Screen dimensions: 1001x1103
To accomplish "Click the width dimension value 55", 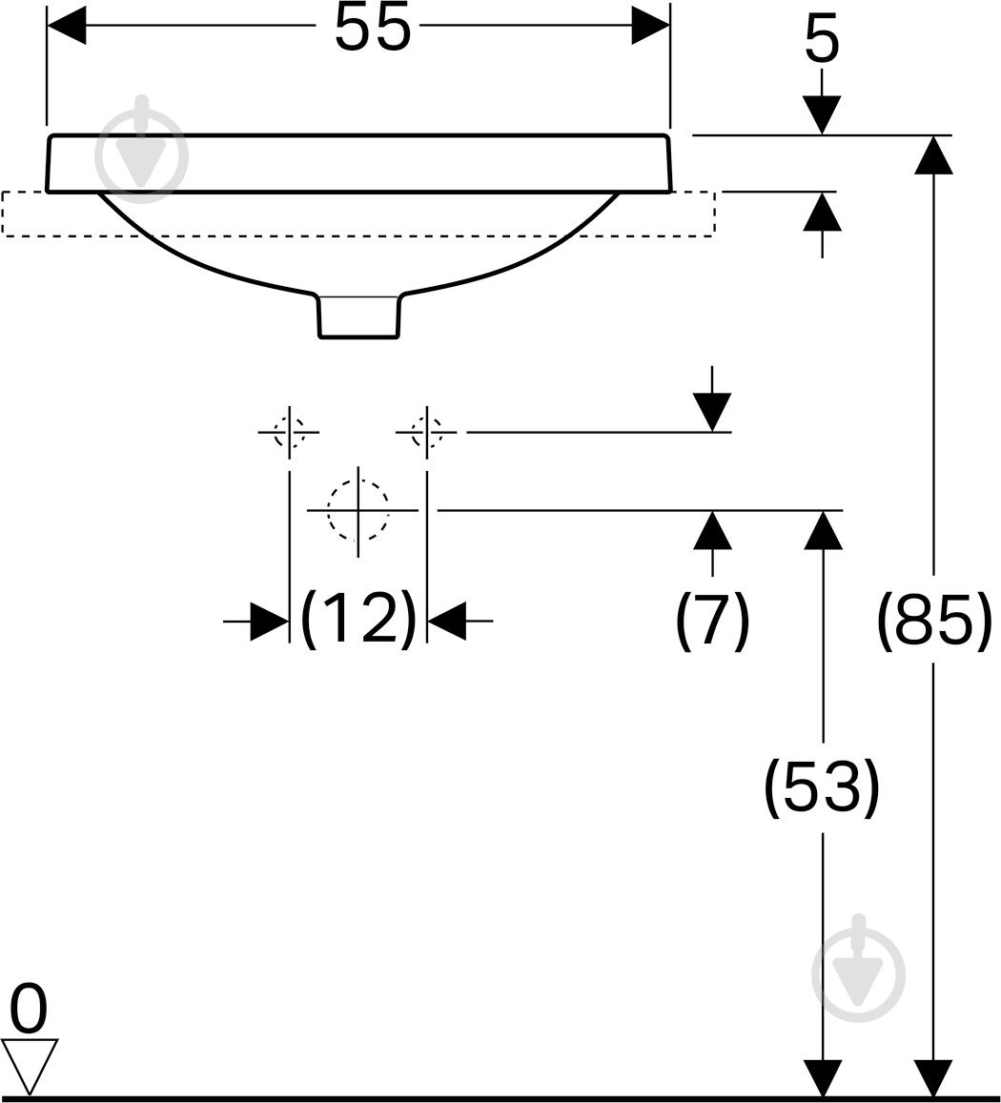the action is pos(372,27).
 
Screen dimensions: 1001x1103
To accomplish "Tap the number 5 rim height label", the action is pos(822,42).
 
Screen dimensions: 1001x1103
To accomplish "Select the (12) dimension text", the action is pos(358,619).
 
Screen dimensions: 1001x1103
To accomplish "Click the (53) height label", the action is pos(822,787).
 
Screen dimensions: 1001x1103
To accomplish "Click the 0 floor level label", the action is pos(29,1009).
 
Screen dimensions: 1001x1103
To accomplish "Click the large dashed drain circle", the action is pos(358,510).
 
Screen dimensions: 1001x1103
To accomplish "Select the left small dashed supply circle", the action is pos(289,432).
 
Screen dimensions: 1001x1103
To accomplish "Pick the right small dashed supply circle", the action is pos(427,432).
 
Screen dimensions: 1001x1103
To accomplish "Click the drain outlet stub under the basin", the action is pos(359,316).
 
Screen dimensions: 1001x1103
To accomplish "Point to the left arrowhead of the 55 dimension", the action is pos(66,26).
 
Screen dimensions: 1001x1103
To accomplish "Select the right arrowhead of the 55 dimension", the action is pos(651,26).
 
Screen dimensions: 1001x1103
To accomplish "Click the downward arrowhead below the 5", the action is pos(822,114).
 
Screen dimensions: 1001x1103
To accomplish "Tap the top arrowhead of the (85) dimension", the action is pos(933,154).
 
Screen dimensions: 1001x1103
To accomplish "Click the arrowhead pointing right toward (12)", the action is pos(270,622).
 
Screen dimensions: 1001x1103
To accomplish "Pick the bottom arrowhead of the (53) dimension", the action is pos(823,1076).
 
